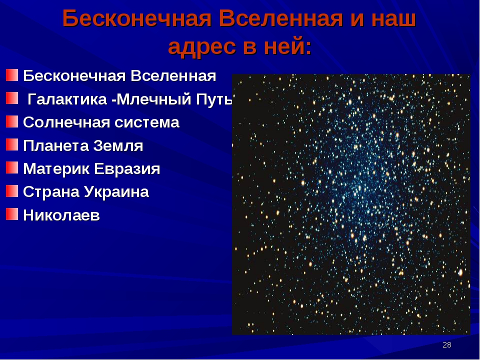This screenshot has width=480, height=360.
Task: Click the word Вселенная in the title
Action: click(280, 18)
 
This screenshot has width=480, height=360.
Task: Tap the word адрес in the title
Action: click(202, 47)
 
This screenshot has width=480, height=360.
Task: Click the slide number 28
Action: click(447, 345)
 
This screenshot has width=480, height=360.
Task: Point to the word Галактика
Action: click(67, 99)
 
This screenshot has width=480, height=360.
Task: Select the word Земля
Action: click(118, 145)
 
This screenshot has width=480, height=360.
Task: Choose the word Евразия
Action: click(126, 169)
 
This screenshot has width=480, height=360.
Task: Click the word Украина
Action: click(116, 192)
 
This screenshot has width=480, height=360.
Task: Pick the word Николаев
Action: click(61, 215)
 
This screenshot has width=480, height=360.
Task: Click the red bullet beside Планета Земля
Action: click(12, 144)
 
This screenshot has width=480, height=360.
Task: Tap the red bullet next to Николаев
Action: click(12, 214)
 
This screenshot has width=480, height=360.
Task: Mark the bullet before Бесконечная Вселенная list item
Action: click(12, 75)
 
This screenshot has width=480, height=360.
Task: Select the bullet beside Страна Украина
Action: click(12, 190)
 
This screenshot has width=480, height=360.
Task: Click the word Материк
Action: click(56, 169)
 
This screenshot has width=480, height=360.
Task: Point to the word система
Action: click(147, 122)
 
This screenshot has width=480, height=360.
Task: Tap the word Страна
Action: click(51, 192)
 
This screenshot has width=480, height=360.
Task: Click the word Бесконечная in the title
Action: click(137, 18)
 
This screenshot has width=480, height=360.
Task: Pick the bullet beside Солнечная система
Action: click(12, 121)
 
